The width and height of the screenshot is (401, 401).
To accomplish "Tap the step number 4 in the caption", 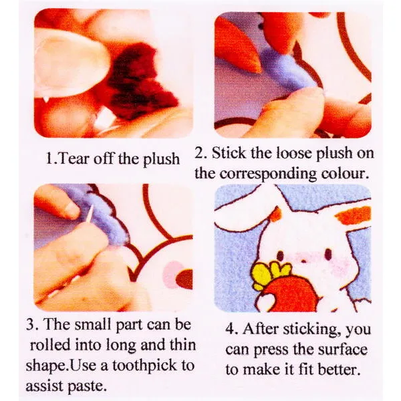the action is pos(230,329).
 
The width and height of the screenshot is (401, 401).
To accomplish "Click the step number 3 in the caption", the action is pos(31,324).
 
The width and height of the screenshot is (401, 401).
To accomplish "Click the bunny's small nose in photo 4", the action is pos(303,261).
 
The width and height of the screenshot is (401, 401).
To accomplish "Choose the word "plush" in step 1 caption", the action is pos(161,160).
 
